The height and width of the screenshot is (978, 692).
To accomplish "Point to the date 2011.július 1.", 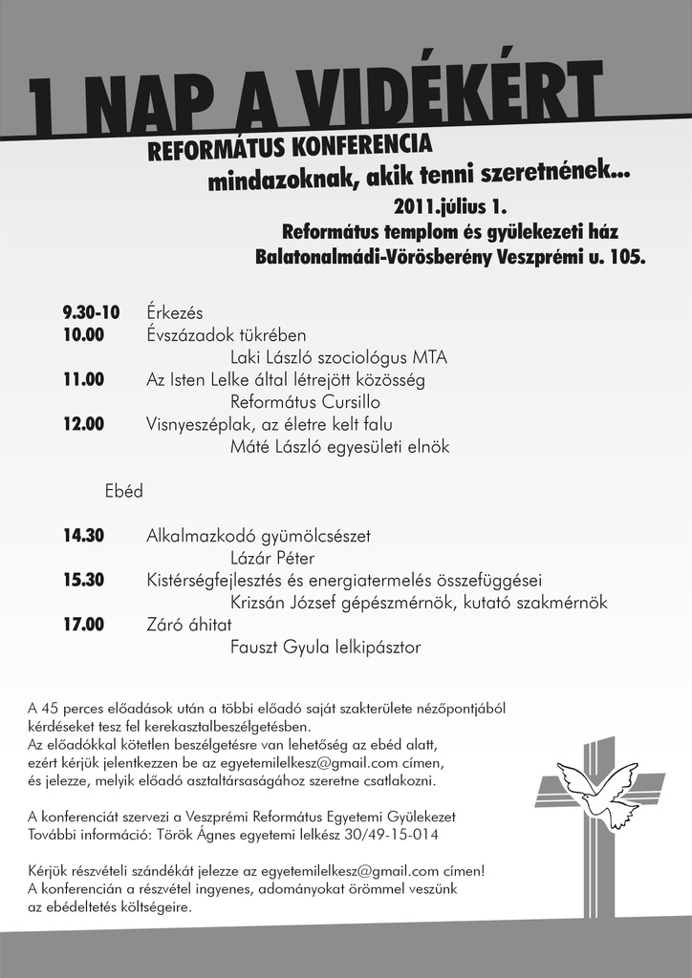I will [x=450, y=206].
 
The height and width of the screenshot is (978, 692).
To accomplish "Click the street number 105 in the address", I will [x=628, y=257].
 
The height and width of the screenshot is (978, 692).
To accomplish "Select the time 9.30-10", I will [x=91, y=312].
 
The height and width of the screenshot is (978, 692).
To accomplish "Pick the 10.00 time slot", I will [x=83, y=335].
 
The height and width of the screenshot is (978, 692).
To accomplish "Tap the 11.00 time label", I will [x=83, y=379].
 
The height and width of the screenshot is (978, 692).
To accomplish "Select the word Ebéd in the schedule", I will [x=124, y=491].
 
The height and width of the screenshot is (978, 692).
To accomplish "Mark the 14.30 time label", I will [x=83, y=536].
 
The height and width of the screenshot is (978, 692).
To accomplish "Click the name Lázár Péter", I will [x=272, y=558].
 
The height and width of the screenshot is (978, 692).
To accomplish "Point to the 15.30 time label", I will [x=83, y=580].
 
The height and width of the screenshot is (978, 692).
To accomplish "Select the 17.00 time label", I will [x=83, y=625].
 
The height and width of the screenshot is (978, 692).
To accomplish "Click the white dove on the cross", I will [x=598, y=790].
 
